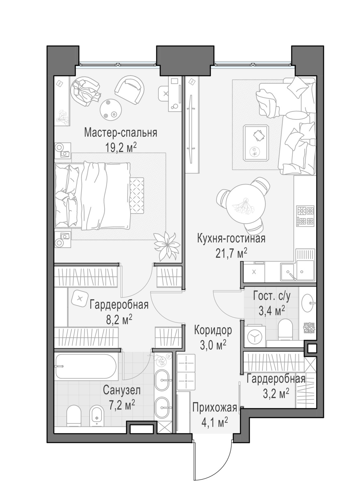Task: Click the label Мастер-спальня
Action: pyautogui.click(x=121, y=133)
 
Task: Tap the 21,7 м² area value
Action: pyautogui.click(x=231, y=253)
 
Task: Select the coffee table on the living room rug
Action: pyautogui.click(x=256, y=143)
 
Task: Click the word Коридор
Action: pyautogui.click(x=213, y=330)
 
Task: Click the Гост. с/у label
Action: pyautogui.click(x=271, y=296)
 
